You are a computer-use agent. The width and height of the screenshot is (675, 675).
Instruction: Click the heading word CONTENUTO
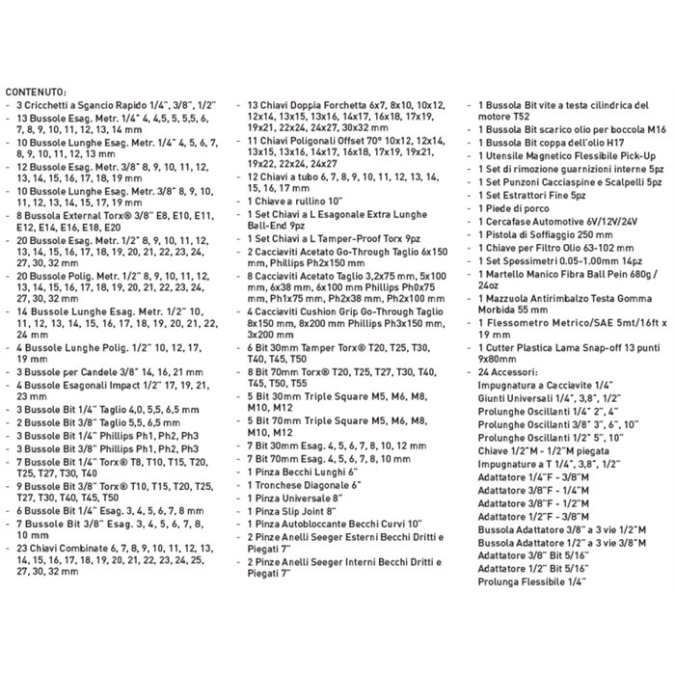[36, 90]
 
